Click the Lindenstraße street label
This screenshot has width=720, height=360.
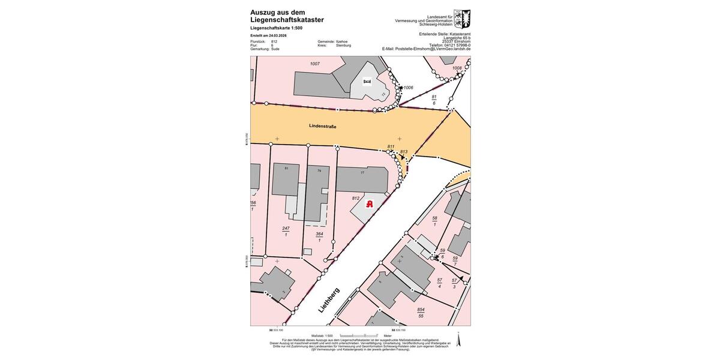[x=323, y=127]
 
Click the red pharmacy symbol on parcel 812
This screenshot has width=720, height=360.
[x=370, y=204]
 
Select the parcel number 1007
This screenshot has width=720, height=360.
[x=314, y=64]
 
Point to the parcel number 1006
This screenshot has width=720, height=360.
[x=408, y=88]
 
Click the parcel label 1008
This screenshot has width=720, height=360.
[x=457, y=68]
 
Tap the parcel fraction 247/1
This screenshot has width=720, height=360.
[x=286, y=231]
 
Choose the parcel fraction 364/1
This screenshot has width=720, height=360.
[x=319, y=237]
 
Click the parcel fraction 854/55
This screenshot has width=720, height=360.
[x=421, y=312]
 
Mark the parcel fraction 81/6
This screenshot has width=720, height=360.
[x=434, y=100]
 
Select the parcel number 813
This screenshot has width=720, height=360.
[x=404, y=152]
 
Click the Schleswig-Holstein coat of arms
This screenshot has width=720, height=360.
[x=462, y=19]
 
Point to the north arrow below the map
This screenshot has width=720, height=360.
[x=458, y=340]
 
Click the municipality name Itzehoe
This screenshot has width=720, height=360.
[x=342, y=41]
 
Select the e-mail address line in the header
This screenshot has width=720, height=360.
[x=426, y=49]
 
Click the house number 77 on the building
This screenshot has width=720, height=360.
[x=362, y=173]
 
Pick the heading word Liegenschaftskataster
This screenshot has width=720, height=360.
[x=287, y=20]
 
